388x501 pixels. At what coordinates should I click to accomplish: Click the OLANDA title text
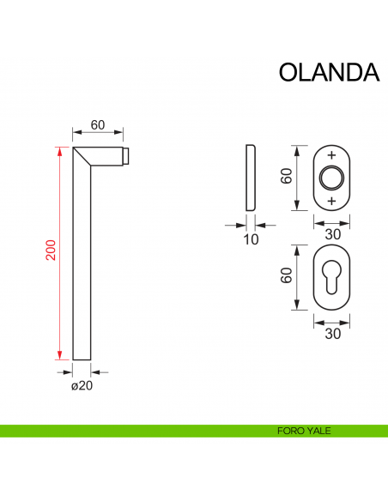pos(329,71)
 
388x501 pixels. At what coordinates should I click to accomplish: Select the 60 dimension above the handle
pos(97,125)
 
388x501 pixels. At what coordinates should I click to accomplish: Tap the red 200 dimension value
pos(51,250)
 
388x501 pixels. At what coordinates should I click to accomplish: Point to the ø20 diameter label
pos(82,386)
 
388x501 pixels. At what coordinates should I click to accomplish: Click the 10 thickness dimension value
pos(251,239)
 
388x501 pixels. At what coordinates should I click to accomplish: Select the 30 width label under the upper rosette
pos(331,234)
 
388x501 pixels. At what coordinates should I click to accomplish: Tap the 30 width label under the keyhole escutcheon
pos(331,334)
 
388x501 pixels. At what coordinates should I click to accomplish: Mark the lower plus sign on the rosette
pos(331,200)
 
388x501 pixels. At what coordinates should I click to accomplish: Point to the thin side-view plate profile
pos(250,178)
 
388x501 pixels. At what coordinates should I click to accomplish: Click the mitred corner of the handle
pos(83,157)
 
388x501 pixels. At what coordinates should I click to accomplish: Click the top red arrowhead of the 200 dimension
pos(59,152)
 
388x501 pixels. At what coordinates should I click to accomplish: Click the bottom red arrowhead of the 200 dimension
pos(59,354)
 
